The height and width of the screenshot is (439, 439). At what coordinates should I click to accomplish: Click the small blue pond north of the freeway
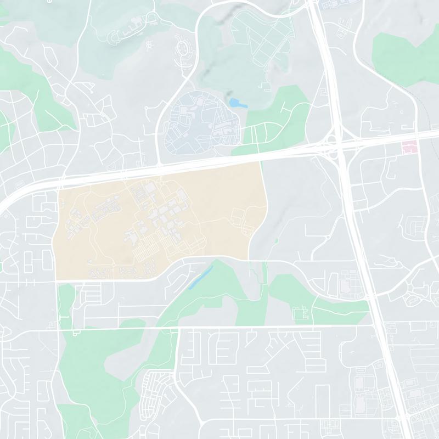click(237, 103)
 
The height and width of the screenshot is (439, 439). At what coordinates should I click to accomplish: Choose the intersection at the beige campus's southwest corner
click(56, 281)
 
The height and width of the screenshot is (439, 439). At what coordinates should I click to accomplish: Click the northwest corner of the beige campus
click(58, 190)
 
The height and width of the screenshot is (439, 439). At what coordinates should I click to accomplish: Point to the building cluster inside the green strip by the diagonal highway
click(301, 313)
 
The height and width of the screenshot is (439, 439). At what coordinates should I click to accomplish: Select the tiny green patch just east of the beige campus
click(276, 240)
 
